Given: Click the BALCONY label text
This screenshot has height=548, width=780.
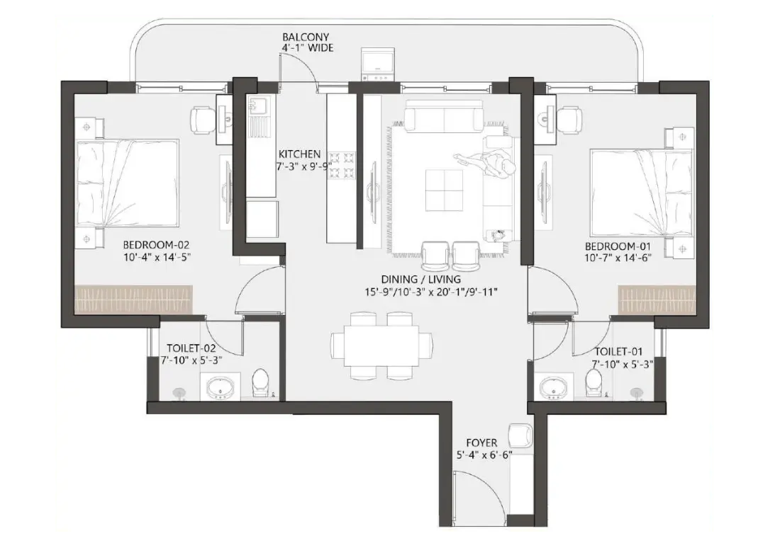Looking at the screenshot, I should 306,38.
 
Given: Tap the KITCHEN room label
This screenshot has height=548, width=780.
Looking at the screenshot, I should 299,154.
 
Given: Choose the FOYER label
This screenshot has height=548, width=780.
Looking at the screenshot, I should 483,443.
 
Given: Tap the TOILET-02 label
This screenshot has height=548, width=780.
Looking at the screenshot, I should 191,349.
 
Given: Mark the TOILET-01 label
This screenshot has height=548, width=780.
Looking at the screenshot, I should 618,351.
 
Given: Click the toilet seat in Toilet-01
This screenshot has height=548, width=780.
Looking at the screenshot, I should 594,383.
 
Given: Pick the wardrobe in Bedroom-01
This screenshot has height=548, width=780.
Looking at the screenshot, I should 635,299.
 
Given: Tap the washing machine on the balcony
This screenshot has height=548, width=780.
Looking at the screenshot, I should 376,64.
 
